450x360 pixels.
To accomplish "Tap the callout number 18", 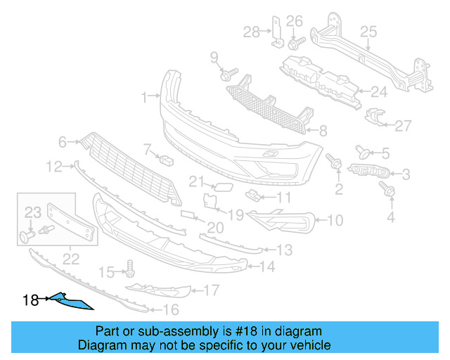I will point(30,300).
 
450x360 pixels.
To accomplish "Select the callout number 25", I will point(368,31).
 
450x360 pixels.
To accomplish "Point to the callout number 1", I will point(144,96).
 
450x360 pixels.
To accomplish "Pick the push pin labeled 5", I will point(364,150).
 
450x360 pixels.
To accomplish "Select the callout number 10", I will point(335,221).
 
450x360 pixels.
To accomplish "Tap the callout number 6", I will point(62,142).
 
